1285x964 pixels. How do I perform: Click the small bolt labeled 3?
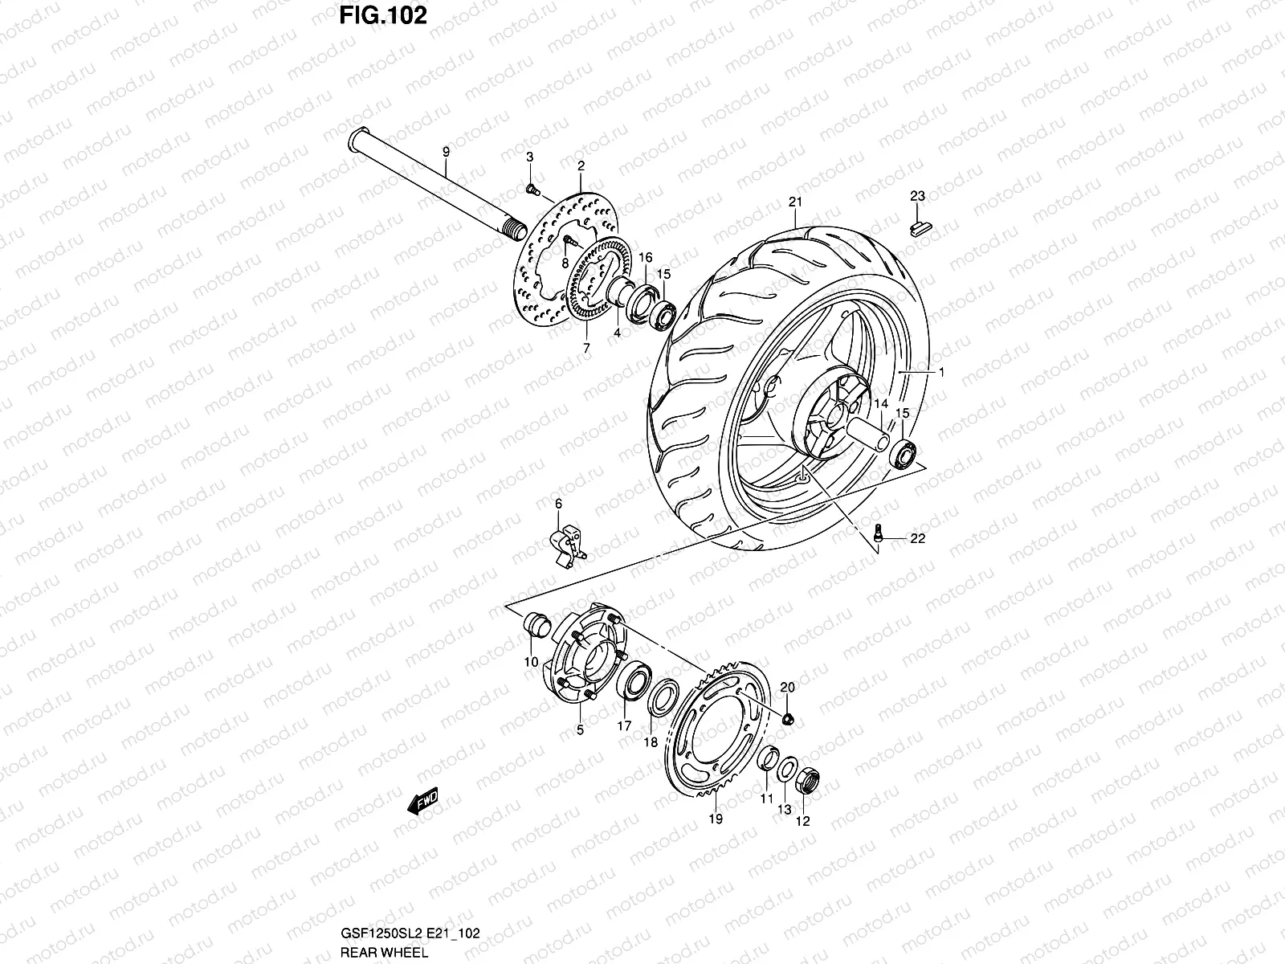click(532, 189)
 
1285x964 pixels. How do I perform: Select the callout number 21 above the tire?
click(795, 201)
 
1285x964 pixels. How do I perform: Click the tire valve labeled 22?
click(879, 531)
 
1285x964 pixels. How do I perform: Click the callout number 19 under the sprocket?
click(716, 819)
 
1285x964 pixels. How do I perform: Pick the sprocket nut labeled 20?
click(788, 717)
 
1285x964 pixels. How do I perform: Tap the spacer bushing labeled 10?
click(536, 623)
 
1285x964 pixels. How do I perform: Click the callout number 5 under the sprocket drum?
click(580, 731)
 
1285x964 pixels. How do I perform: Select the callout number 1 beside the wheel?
click(941, 373)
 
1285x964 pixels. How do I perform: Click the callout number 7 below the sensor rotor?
click(586, 349)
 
